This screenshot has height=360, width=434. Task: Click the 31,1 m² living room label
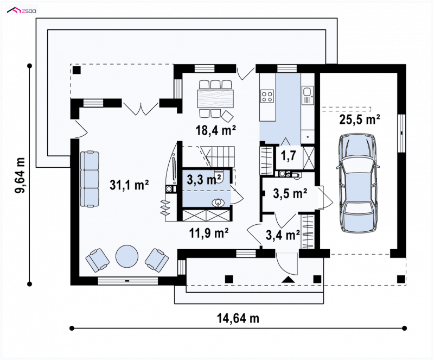(129, 185)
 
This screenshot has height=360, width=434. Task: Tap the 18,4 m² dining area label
(216, 130)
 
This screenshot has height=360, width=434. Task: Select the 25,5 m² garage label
(360, 119)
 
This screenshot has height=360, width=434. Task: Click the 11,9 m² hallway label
(209, 233)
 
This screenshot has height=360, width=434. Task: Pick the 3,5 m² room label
(290, 194)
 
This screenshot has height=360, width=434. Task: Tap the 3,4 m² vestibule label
(283, 235)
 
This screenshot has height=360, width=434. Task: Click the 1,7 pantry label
(289, 156)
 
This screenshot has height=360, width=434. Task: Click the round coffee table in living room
(126, 256)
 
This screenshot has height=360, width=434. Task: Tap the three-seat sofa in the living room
(90, 179)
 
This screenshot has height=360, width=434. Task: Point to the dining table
(215, 99)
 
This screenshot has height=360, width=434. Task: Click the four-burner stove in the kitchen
(267, 97)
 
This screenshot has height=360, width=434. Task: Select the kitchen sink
(307, 96)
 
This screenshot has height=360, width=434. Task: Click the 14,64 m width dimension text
(238, 318)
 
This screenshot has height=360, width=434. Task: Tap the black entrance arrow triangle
(288, 280)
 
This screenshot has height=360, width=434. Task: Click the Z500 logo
(22, 11)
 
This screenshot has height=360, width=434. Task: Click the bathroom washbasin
(219, 203)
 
